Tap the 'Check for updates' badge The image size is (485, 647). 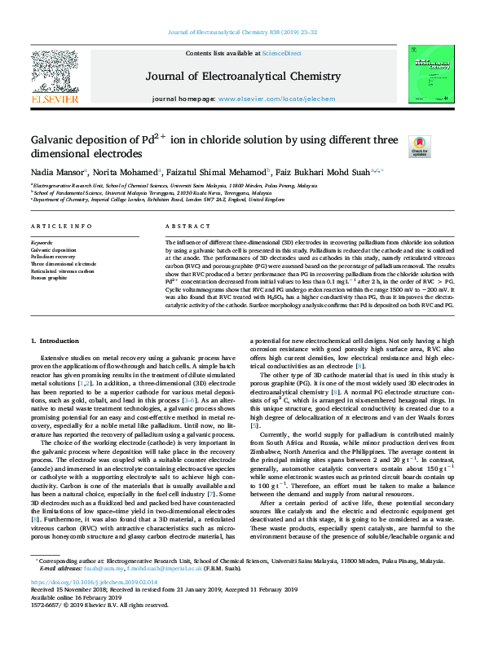[419, 146]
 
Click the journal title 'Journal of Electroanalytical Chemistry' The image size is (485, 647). [242, 76]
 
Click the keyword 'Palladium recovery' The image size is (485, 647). [55, 257]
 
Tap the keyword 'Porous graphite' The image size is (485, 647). [51, 278]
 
